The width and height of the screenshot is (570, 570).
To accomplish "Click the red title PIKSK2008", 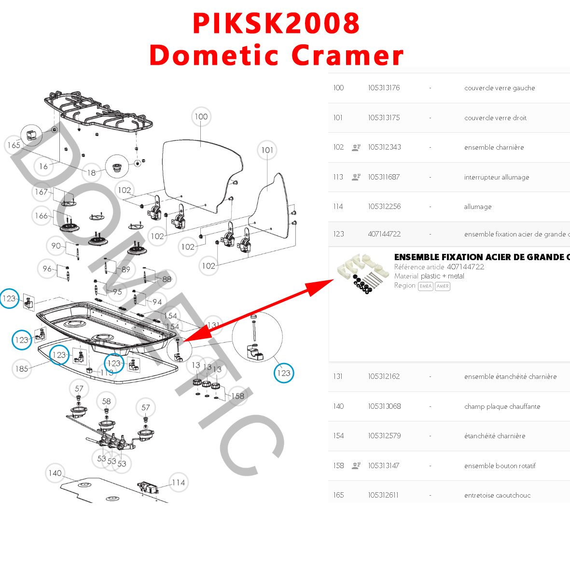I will click(276, 23).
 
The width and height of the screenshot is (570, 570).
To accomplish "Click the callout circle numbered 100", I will click(201, 117).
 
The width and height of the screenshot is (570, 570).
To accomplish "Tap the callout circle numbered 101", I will click(267, 150).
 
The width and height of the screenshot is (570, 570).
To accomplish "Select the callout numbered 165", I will click(14, 145).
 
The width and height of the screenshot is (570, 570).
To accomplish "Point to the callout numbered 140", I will click(55, 473).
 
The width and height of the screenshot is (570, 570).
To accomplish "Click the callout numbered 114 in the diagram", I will click(178, 483).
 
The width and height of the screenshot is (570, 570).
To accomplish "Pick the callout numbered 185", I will click(22, 369).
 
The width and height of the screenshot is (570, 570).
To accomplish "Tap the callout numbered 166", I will click(42, 216).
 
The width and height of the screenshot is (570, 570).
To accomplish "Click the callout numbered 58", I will click(106, 401).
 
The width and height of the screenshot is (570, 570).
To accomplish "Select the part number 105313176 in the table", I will click(384, 88).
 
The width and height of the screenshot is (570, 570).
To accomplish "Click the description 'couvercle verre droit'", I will click(495, 118).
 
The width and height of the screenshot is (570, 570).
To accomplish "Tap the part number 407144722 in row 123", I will click(384, 234).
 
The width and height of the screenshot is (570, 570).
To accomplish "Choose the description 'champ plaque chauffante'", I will click(502, 406).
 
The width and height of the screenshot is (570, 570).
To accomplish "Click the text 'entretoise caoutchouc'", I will click(497, 495).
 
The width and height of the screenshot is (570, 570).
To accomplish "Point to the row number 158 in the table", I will click(338, 466).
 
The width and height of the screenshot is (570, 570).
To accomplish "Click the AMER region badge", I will click(443, 286).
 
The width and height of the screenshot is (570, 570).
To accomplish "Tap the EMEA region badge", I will click(425, 286).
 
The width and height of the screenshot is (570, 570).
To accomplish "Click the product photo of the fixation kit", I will click(363, 274).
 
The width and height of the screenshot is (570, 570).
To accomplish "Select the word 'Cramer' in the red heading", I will click(348, 56).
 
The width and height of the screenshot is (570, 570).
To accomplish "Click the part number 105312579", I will click(384, 436).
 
